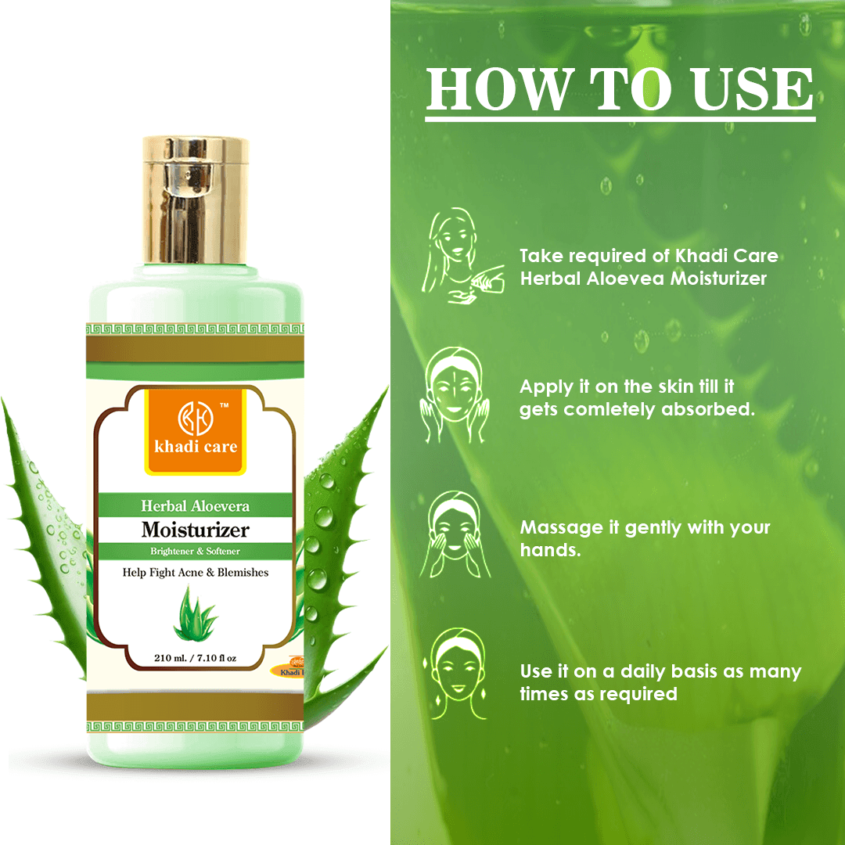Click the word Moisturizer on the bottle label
coord(196,530)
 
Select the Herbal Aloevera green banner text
coord(196,506)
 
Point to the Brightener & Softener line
coord(196,551)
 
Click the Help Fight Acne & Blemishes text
coord(196,573)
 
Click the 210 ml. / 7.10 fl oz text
coord(195,658)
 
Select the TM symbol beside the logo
coord(224,405)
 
